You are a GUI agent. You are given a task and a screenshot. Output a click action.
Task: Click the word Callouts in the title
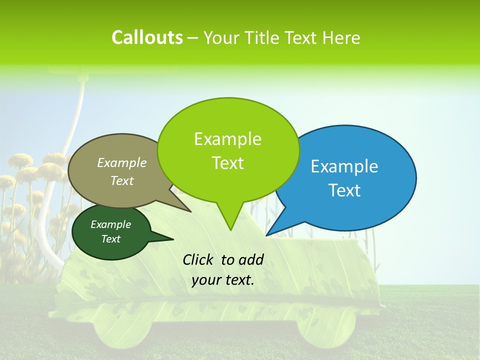pos(147,37)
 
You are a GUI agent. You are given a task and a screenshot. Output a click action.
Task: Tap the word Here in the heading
pos(342,38)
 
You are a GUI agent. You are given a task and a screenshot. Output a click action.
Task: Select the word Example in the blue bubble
pos(344,166)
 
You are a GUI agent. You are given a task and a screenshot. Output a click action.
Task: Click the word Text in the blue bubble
pos(344,190)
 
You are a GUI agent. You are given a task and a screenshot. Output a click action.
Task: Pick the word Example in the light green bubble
pos(227,138)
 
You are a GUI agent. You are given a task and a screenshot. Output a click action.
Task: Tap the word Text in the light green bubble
pos(227,162)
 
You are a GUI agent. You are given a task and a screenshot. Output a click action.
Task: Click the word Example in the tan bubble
pos(121,162)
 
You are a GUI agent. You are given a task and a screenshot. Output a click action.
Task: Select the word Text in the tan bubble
pos(121,180)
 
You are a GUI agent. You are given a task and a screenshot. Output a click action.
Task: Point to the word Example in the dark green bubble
pos(110,224)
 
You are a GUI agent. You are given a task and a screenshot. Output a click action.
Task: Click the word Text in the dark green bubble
pos(110,239)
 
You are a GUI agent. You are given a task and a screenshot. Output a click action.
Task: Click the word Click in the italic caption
pos(198,259)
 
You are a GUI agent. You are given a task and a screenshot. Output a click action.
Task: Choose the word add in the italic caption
pos(251,259)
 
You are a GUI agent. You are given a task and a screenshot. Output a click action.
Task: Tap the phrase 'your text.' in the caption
pos(223,280)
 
